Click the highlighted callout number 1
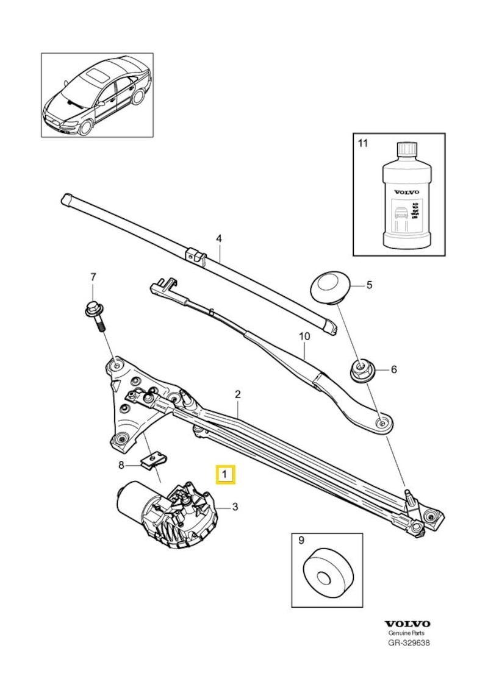coord(226,474)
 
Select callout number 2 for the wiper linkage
coord(237,395)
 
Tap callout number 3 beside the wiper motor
coord(234,506)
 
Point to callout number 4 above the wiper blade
coord(218,239)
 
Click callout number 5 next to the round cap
coord(368,285)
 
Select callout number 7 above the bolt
coord(93,277)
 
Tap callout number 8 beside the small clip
coord(121,465)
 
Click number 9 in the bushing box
coord(301,539)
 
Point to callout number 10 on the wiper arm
coord(304,336)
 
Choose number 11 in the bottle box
coord(363,144)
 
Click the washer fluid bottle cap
coord(406,150)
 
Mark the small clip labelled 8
coord(152,461)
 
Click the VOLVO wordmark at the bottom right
coord(407,624)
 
